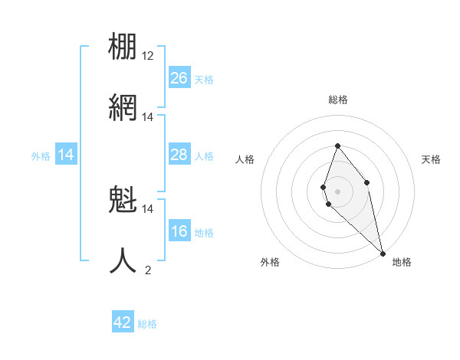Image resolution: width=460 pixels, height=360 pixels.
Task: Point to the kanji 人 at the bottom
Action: [x=123, y=261]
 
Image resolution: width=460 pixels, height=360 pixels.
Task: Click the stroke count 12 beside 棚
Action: [x=148, y=56]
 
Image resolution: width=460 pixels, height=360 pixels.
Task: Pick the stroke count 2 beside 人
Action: [x=148, y=270]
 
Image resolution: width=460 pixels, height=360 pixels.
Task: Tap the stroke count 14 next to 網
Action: [x=148, y=117]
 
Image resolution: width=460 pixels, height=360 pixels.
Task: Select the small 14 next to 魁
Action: [x=148, y=208]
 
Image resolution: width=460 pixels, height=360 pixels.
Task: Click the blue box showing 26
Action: [x=179, y=78]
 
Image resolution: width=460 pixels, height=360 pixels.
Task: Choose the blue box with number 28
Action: [x=179, y=155]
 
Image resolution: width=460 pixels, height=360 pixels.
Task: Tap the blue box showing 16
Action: [x=179, y=231]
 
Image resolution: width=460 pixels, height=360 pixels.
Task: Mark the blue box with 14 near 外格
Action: [x=66, y=155]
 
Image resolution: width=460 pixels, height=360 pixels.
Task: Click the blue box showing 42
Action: [x=123, y=322]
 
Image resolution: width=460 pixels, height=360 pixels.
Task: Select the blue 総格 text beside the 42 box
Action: [x=147, y=324]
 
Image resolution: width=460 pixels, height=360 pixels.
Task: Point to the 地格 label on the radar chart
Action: [x=402, y=262]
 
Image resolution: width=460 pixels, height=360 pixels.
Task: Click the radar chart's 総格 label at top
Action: [x=338, y=100]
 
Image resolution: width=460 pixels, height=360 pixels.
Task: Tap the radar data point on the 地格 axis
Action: [x=383, y=253]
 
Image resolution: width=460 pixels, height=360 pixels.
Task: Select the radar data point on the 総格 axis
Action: [x=337, y=146]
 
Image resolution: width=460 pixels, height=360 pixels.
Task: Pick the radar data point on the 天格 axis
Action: [x=367, y=182]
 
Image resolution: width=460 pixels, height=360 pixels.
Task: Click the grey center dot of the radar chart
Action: [x=337, y=191]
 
